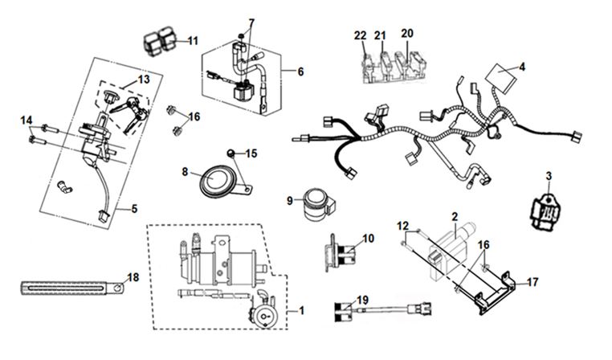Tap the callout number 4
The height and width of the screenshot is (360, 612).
click(522, 67)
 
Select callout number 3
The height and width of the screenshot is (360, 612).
click(549, 175)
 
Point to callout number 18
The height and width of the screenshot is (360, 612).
click(133, 277)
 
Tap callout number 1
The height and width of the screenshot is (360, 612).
click(302, 310)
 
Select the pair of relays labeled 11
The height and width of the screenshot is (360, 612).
click(162, 40)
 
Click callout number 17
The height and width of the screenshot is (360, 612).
click(532, 283)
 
